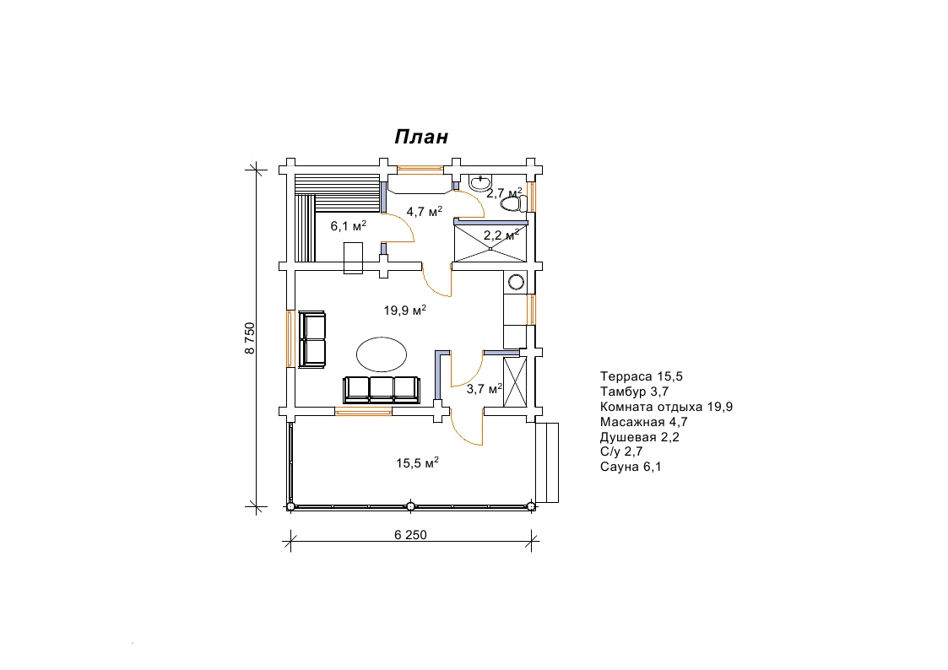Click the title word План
421,138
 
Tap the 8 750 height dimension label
251,338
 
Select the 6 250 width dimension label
410,535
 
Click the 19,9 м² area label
405,310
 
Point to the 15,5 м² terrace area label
417,462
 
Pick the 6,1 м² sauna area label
349,226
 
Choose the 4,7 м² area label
425,212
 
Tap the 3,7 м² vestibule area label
485,389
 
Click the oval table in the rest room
381,354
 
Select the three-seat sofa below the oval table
382,390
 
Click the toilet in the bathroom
513,204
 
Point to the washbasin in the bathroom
480,182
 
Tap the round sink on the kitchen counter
517,282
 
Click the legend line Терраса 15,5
642,376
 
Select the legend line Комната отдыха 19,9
666,407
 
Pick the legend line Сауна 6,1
631,467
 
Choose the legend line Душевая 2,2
640,437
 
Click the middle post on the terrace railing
410,506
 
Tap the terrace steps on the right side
547,462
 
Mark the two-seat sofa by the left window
313,339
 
